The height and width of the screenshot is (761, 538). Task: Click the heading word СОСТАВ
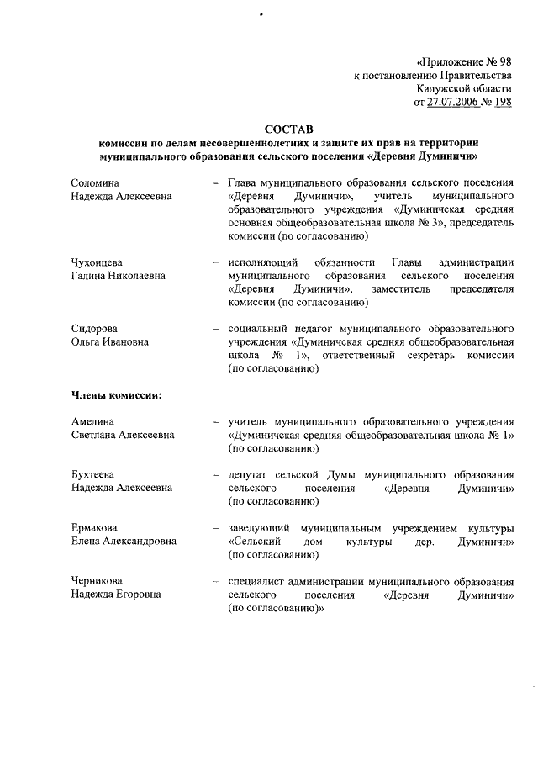click(x=287, y=129)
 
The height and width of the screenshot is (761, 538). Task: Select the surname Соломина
click(x=95, y=182)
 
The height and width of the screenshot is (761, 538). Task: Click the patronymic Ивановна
click(x=125, y=342)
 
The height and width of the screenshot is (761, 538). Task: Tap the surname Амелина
click(x=92, y=421)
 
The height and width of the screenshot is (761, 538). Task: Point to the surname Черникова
click(x=97, y=581)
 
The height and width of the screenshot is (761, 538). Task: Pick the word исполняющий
click(x=263, y=262)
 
